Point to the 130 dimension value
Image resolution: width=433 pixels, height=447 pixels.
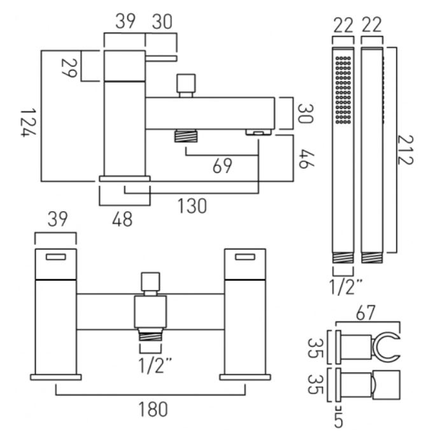coord(191,207)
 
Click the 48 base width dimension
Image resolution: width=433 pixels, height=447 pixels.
coord(124,219)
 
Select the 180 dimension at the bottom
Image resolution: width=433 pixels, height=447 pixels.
coord(153,409)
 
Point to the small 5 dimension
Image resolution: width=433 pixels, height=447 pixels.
coord(338,421)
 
